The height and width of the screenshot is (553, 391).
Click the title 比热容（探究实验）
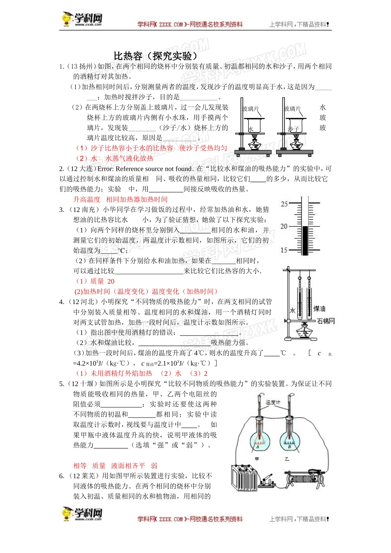tap(156, 56)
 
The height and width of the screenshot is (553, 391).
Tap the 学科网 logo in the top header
tap(82, 19)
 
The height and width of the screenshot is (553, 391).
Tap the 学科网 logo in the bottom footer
tap(82, 514)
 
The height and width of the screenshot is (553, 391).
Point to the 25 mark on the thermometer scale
tap(284, 204)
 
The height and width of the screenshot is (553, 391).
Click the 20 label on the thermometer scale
tap(284, 227)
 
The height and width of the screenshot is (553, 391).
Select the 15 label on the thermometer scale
tap(284, 250)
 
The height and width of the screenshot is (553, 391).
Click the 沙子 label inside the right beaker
tap(293, 129)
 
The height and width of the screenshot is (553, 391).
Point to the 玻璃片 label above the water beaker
tap(251, 109)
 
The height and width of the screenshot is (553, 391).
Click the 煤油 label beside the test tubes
tap(319, 309)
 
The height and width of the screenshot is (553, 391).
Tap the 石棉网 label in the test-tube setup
tap(326, 321)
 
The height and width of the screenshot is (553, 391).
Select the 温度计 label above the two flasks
tap(273, 402)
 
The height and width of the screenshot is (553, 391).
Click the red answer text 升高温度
tap(87, 200)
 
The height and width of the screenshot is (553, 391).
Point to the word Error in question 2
tap(105, 169)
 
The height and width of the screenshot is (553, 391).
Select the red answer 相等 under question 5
tap(80, 466)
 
